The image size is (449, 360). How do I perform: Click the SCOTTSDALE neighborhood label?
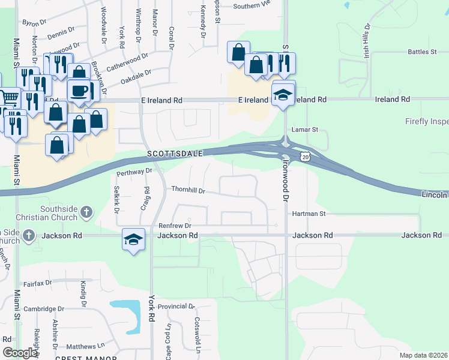(x=176, y=154)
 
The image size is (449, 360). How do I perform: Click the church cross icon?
(x=87, y=212)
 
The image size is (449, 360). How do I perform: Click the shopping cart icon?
(x=8, y=98)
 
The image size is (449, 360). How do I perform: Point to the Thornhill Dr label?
(x=188, y=191)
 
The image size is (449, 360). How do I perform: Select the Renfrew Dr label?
(x=174, y=225)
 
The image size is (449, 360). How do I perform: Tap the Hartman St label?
(x=308, y=213)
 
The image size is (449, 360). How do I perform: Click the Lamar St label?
(x=304, y=129)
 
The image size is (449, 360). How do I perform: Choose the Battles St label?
(x=422, y=52)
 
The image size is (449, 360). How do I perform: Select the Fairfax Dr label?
(x=38, y=282)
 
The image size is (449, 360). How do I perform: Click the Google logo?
(x=19, y=353)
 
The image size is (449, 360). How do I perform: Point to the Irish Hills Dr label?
(x=366, y=37)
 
